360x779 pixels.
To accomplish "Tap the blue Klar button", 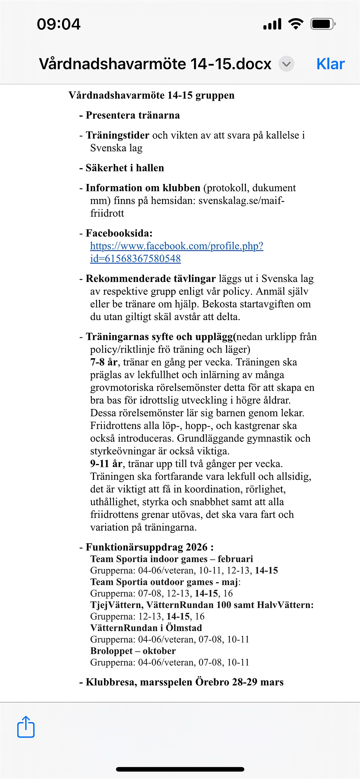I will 330,64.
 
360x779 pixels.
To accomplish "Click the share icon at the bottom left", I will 26,727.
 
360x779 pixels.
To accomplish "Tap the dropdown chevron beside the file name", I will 286,64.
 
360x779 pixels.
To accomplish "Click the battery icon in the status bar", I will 323,24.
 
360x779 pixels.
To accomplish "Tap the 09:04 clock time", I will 59,24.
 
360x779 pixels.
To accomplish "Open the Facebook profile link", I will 176,246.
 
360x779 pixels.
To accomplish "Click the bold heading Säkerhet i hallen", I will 125,168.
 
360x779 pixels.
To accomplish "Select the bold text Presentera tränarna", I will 132,116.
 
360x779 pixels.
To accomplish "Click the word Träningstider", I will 117,135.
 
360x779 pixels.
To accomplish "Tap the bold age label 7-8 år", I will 104,362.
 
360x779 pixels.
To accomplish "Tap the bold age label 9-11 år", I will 106,464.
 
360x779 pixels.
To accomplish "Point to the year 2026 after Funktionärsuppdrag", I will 197,548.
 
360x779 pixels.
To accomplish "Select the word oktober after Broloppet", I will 159,651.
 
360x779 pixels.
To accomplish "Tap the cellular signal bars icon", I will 272,24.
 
